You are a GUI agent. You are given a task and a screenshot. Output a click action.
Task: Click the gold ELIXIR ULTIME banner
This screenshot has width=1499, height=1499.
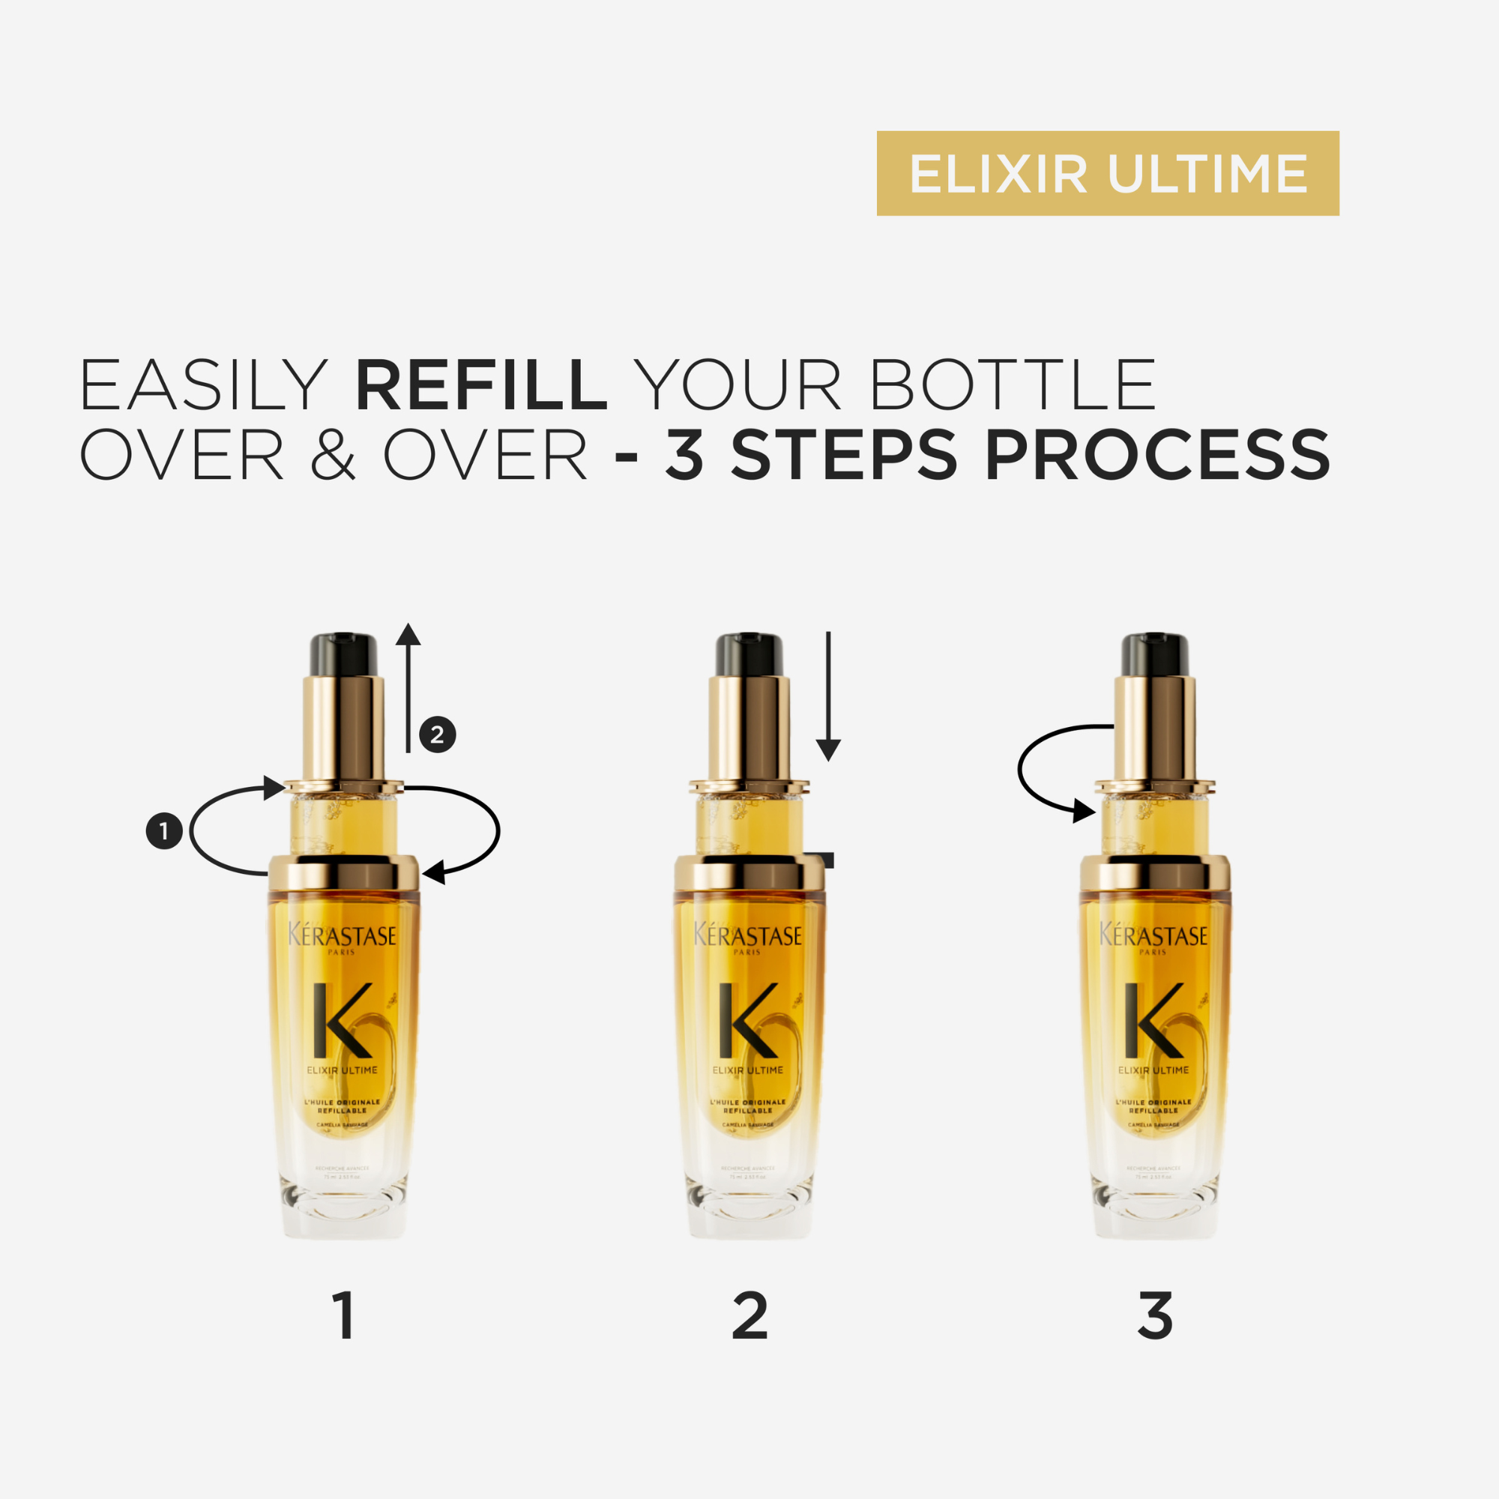point(1108,173)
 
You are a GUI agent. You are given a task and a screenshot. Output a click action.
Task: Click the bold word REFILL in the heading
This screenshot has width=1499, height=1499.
point(480,384)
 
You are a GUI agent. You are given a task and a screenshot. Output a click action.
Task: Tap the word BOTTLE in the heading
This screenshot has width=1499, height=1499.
point(1014,384)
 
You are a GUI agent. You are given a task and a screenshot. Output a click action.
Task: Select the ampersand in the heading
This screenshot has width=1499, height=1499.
point(333,455)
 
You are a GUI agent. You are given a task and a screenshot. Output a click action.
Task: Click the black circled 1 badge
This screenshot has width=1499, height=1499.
point(164,831)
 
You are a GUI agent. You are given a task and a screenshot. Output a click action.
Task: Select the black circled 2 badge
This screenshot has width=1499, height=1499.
point(438,734)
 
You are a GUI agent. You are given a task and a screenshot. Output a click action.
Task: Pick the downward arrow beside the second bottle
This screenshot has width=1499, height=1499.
point(829,696)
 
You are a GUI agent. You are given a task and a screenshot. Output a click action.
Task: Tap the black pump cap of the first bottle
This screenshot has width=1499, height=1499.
point(344,654)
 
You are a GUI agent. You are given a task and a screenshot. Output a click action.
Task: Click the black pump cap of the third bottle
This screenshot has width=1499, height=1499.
point(1154,654)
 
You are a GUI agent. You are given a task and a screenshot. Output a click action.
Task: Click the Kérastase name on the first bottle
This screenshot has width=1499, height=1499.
point(343,935)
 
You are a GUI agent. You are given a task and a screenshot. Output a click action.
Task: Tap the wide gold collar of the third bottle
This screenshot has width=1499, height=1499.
point(1154,874)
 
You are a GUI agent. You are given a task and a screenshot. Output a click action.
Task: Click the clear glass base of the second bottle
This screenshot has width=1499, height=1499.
point(749,1207)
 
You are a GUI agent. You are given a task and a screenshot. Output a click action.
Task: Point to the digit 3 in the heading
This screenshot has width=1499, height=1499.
point(684,455)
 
